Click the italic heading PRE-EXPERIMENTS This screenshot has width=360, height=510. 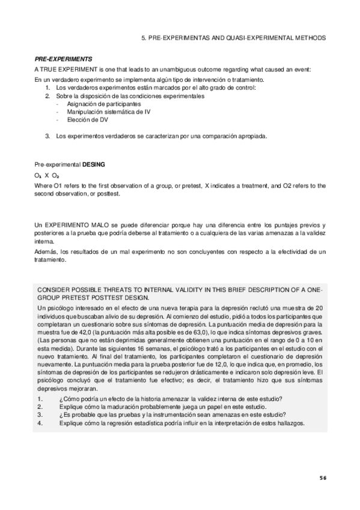[63, 59]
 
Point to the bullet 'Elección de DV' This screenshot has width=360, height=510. [87, 120]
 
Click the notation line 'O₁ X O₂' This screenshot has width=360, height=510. [47, 175]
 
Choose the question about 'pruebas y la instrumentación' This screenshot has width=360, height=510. [172, 415]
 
